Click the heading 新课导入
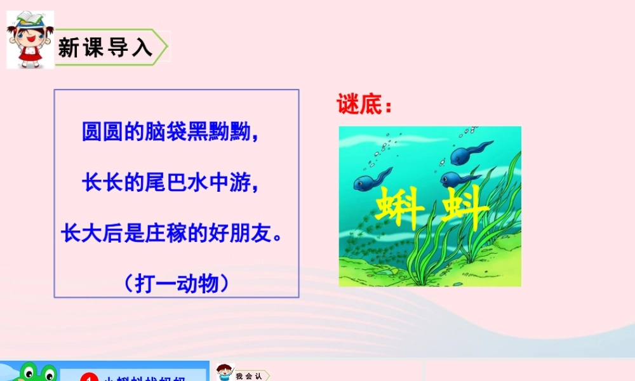click(x=105, y=48)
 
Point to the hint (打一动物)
click(x=177, y=283)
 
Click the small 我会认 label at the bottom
click(x=248, y=376)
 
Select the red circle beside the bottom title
click(x=88, y=378)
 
